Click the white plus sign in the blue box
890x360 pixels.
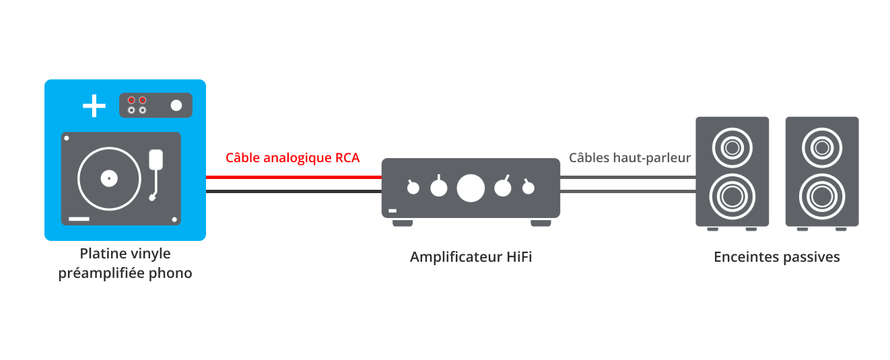tap(94, 106)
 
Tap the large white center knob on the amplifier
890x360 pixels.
tap(471, 188)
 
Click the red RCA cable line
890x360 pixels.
tap(294, 177)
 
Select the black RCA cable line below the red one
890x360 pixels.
tap(294, 192)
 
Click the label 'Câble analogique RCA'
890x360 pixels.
tap(292, 158)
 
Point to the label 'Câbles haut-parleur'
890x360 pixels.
tap(629, 158)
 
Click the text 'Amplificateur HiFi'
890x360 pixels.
tap(471, 257)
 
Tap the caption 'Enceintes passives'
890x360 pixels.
tap(776, 257)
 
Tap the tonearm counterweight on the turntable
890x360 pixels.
tap(156, 159)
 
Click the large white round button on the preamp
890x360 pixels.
tap(176, 106)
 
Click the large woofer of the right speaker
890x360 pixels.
tap(821, 196)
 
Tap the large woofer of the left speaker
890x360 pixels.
tap(732, 196)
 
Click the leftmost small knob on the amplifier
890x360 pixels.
tap(413, 188)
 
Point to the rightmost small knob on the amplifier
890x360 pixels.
tap(528, 188)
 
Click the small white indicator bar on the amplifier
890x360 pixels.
tap(392, 211)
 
